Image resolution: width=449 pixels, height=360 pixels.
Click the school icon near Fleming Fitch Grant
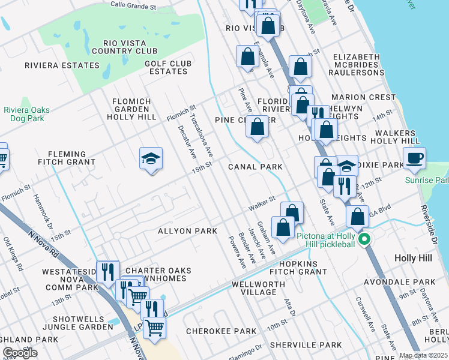pos(151,159)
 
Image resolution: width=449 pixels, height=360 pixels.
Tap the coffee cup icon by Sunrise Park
pos(414,158)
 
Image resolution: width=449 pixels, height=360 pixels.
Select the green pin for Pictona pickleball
pos(363,241)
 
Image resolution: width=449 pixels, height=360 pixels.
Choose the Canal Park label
pos(255,166)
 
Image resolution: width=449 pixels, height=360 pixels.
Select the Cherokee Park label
pos(221,331)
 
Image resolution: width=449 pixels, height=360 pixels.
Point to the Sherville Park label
pos(306,345)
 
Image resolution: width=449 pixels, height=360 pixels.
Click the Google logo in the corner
pos(20,352)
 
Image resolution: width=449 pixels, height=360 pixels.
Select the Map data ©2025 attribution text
pos(423,355)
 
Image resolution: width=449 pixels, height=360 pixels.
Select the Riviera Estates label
pos(62,65)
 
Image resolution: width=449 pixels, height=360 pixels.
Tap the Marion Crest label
pos(372,97)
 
